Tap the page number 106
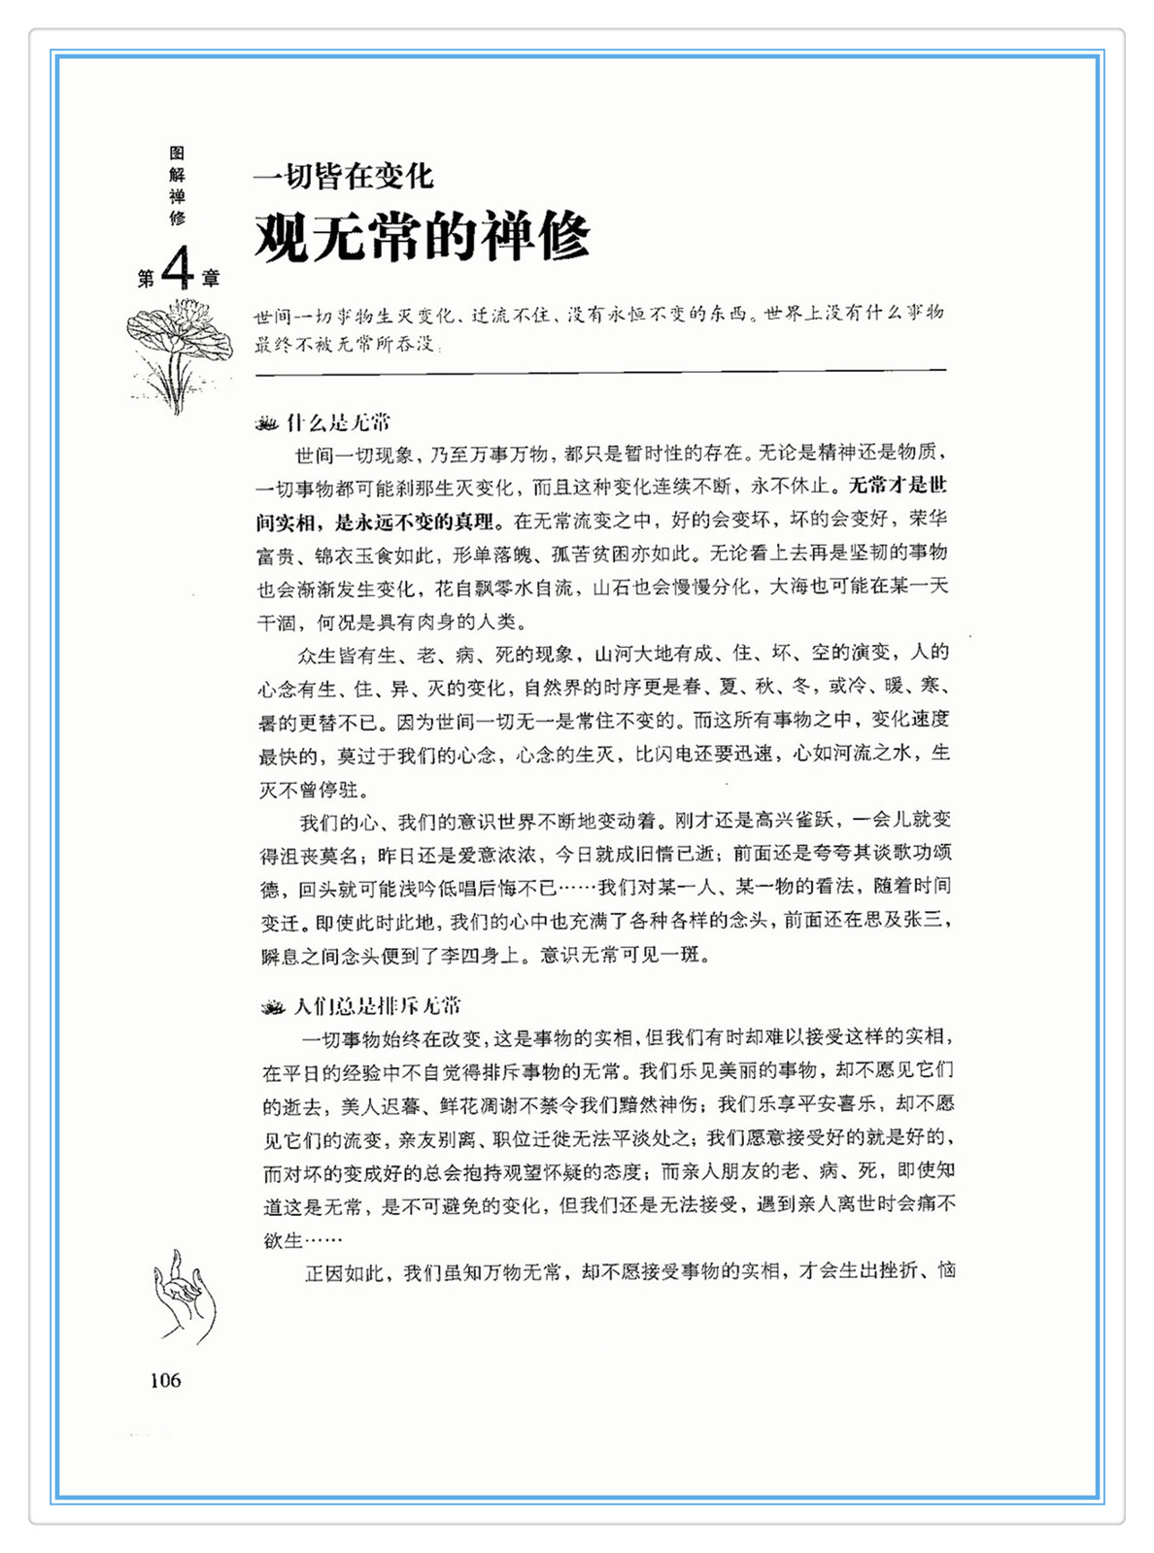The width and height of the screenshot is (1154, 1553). [x=165, y=1380]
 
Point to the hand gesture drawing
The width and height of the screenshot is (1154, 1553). [x=185, y=1297]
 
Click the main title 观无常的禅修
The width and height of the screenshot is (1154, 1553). [x=423, y=236]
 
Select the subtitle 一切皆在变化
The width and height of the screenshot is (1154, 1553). [x=343, y=176]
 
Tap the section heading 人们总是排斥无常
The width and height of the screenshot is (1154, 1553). [x=377, y=1005]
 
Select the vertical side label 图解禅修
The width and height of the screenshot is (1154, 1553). [x=177, y=186]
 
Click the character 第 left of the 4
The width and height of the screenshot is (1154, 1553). [x=146, y=280]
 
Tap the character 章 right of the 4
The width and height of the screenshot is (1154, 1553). [x=211, y=280]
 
